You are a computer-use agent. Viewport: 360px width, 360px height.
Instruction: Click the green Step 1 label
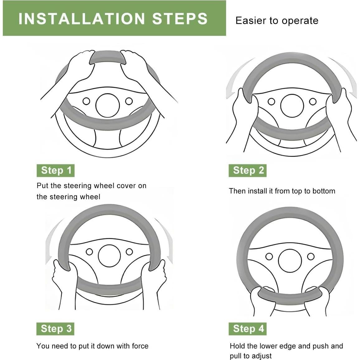click(55, 171)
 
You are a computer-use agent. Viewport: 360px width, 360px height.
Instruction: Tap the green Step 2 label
click(248, 171)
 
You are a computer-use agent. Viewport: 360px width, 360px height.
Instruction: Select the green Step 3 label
click(55, 329)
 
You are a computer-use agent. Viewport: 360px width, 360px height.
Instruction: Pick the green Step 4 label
click(248, 329)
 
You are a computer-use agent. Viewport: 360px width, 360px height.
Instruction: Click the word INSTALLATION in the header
click(82, 19)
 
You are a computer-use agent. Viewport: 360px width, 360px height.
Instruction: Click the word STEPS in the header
click(180, 19)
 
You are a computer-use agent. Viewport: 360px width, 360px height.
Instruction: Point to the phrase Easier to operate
click(277, 21)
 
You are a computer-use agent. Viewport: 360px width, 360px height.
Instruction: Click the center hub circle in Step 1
click(108, 106)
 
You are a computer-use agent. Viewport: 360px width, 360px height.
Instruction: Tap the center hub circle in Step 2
click(292, 106)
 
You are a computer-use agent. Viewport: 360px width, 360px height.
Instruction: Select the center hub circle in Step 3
click(109, 256)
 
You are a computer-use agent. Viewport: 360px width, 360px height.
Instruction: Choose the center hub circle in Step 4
click(290, 261)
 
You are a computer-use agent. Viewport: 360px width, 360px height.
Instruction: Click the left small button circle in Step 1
click(86, 101)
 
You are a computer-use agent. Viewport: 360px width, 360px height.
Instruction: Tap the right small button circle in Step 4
click(311, 256)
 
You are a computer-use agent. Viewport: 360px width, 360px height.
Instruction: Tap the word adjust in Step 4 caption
click(261, 356)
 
